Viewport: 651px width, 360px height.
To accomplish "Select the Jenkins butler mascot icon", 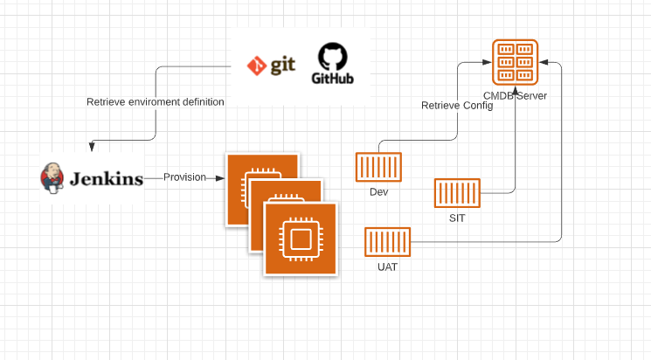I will pyautogui.click(x=52, y=177).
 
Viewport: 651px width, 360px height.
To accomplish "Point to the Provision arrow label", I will pyautogui.click(x=184, y=177).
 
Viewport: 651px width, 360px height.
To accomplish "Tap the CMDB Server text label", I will pyautogui.click(x=515, y=95).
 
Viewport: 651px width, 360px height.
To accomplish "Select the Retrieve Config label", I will pyautogui.click(x=457, y=106).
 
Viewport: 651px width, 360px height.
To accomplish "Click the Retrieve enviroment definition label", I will pyautogui.click(x=156, y=102).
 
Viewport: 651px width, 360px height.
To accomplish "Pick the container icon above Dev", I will pyautogui.click(x=378, y=168).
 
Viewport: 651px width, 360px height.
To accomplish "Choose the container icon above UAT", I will pyautogui.click(x=388, y=243).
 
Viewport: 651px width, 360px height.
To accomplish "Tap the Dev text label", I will pyautogui.click(x=378, y=191).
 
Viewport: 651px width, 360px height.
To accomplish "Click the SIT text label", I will pyautogui.click(x=458, y=218).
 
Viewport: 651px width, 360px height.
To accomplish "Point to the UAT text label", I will pyautogui.click(x=387, y=267).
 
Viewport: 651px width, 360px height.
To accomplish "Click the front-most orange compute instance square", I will pyautogui.click(x=300, y=236).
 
